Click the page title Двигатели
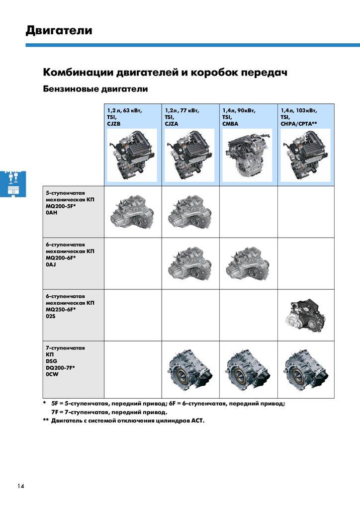pos(59,30)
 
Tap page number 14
pos(21,486)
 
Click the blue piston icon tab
pos(13,183)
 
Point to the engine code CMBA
pos(230,124)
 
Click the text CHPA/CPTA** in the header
pos(299,124)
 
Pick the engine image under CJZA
pos(189,155)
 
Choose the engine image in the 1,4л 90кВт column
pos(248,155)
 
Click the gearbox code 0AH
pos(51,213)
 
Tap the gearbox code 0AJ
pos(51,264)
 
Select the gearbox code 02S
pos(51,316)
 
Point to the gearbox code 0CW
pos(52,374)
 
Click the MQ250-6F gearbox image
pos(305,315)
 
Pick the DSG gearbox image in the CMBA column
pos(248,369)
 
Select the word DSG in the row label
pos(51,361)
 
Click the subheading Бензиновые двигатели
pos(95,89)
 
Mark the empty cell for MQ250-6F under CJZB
pos(133,315)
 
